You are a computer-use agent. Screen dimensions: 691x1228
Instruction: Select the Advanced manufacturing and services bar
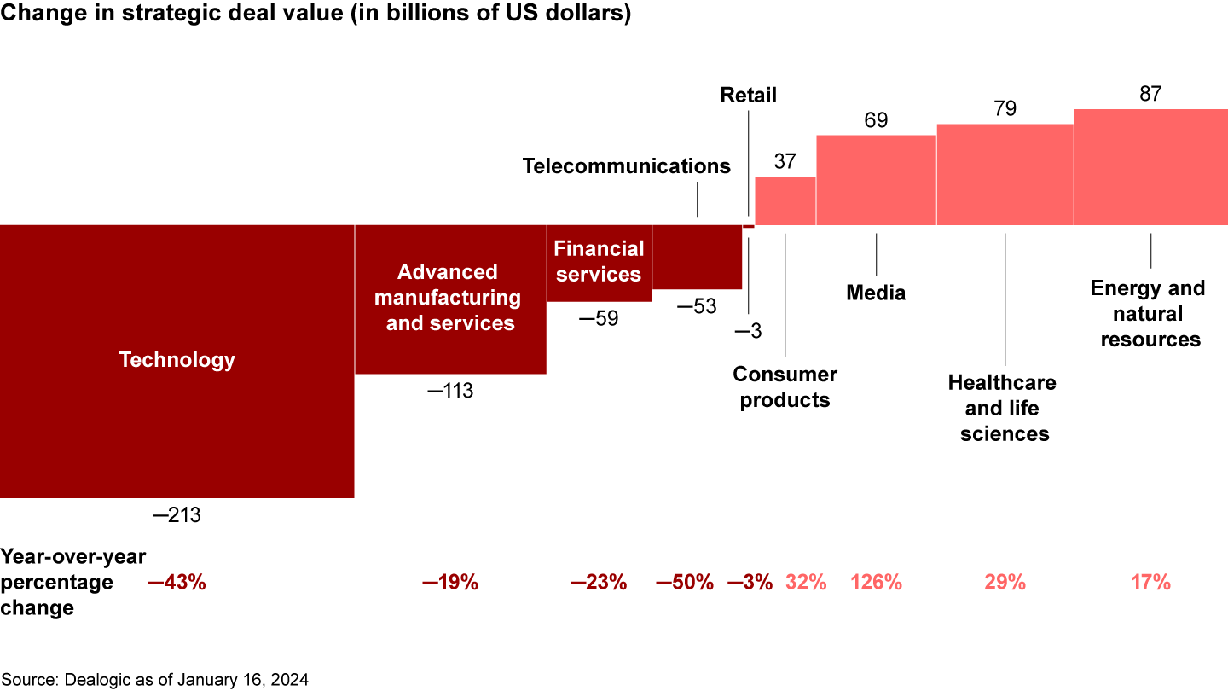[x=450, y=341]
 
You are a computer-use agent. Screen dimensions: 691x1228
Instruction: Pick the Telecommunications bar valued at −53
[x=697, y=257]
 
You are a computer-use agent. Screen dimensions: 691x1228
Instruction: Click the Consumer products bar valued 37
[x=785, y=201]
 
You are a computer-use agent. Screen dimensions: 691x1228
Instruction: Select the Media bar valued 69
[x=876, y=180]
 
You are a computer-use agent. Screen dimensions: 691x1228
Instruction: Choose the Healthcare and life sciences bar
[x=1005, y=175]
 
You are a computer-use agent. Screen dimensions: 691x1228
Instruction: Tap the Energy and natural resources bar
[x=1150, y=167]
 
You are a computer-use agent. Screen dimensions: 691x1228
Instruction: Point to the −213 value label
[x=177, y=515]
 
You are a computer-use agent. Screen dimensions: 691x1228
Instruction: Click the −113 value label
[x=449, y=391]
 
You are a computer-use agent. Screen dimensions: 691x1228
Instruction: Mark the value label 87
[x=1150, y=94]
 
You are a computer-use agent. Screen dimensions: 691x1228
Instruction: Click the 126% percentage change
[x=876, y=583]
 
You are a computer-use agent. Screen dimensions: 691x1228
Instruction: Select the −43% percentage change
[x=177, y=583]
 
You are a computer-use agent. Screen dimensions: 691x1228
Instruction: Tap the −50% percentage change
[x=684, y=583]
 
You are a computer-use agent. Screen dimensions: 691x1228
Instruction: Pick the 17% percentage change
[x=1150, y=583]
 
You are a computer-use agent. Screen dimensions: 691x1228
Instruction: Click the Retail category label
[x=748, y=95]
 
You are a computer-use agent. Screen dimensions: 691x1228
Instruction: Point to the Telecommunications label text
[x=626, y=165]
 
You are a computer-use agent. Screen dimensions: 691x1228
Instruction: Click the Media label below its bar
[x=876, y=293]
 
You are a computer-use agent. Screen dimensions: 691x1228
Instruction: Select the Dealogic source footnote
[x=154, y=680]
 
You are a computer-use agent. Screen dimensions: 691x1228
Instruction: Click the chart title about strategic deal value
[x=316, y=15]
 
